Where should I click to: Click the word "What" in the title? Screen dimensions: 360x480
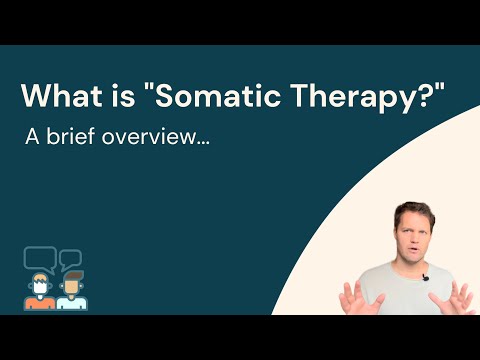tap(58, 97)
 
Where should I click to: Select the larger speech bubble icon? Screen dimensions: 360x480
tap(38, 258)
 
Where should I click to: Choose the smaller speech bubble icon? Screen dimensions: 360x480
tap(69, 260)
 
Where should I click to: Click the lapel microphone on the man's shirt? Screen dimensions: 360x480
tap(424, 278)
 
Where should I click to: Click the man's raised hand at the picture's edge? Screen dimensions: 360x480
tap(462, 297)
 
